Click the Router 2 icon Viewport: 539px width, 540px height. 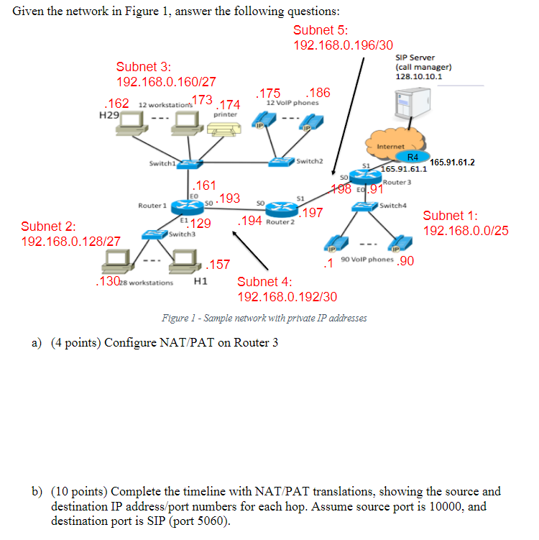279,209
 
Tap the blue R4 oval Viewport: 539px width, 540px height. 413,157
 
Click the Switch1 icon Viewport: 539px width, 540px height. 188,164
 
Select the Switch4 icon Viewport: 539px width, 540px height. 365,206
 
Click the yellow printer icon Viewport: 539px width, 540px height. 224,128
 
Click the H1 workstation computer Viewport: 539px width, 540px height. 185,261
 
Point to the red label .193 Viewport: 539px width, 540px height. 229,198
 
